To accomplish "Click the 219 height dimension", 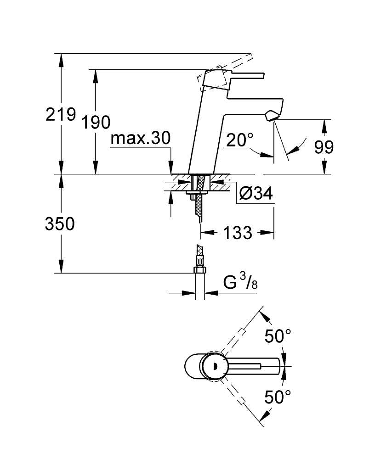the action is pos(61,114).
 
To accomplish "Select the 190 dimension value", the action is pos(96,123).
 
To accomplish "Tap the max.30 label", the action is pos(141,139).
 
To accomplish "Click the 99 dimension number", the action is pos(324,147).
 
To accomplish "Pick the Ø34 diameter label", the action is pos(256,193).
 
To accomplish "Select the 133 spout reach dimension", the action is pos(237,233).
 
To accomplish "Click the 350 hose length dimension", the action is pos(60,224).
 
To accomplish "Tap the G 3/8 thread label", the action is pos(240,282).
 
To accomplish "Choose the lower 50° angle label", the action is pos(278,397).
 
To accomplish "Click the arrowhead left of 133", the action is pos(207,232).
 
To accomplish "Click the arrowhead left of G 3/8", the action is pos(189,292).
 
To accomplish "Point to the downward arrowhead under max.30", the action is pos(171,167).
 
